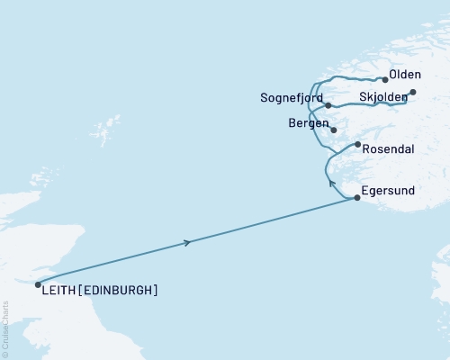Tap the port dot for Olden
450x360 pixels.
[x=385, y=79]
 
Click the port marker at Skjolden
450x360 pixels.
[x=413, y=92]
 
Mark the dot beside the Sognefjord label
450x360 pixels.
[x=328, y=105]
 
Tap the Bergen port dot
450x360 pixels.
[x=333, y=130]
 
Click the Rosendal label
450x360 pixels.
[x=387, y=151]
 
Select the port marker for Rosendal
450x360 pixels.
[x=358, y=144]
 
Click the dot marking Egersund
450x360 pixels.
[x=358, y=198]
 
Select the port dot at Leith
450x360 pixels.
[x=38, y=284]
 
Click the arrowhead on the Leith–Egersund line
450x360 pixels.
[x=187, y=242]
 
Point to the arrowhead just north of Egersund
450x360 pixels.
[x=330, y=184]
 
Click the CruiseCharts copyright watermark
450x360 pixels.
[x=5, y=333]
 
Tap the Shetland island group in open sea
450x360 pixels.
[x=113, y=124]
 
